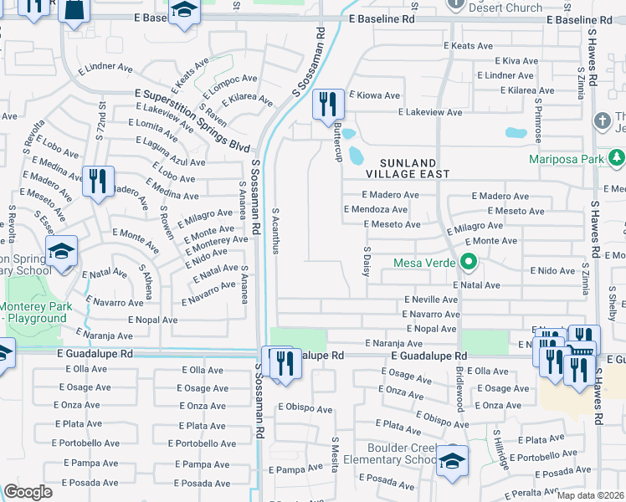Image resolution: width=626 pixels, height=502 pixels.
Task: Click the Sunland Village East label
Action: point(408,168)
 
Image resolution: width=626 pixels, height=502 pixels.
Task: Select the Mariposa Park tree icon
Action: point(617,156)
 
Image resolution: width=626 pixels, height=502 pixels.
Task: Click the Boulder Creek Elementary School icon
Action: point(452,460)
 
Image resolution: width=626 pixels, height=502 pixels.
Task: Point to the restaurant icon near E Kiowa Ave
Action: point(327,105)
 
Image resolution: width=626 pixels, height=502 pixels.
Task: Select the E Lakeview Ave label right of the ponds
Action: point(430,112)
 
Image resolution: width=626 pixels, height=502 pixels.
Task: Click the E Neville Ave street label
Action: point(432,299)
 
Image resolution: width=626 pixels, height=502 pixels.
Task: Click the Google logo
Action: point(28,492)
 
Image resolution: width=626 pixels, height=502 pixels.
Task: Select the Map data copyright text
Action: point(591,495)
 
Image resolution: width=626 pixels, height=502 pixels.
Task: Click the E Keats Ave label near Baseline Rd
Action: point(469,46)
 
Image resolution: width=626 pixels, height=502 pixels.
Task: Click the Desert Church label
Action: point(505,8)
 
